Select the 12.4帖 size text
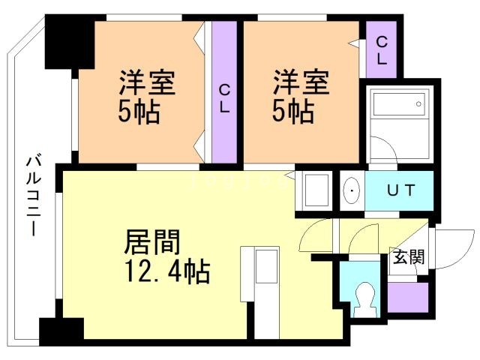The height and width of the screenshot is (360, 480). (x=166, y=270)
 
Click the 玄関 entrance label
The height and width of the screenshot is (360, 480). (x=408, y=257)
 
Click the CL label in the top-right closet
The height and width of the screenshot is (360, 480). (x=382, y=49)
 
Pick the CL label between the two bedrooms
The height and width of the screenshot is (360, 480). (x=224, y=97)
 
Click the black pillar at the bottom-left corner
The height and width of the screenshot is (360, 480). (x=61, y=330)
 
